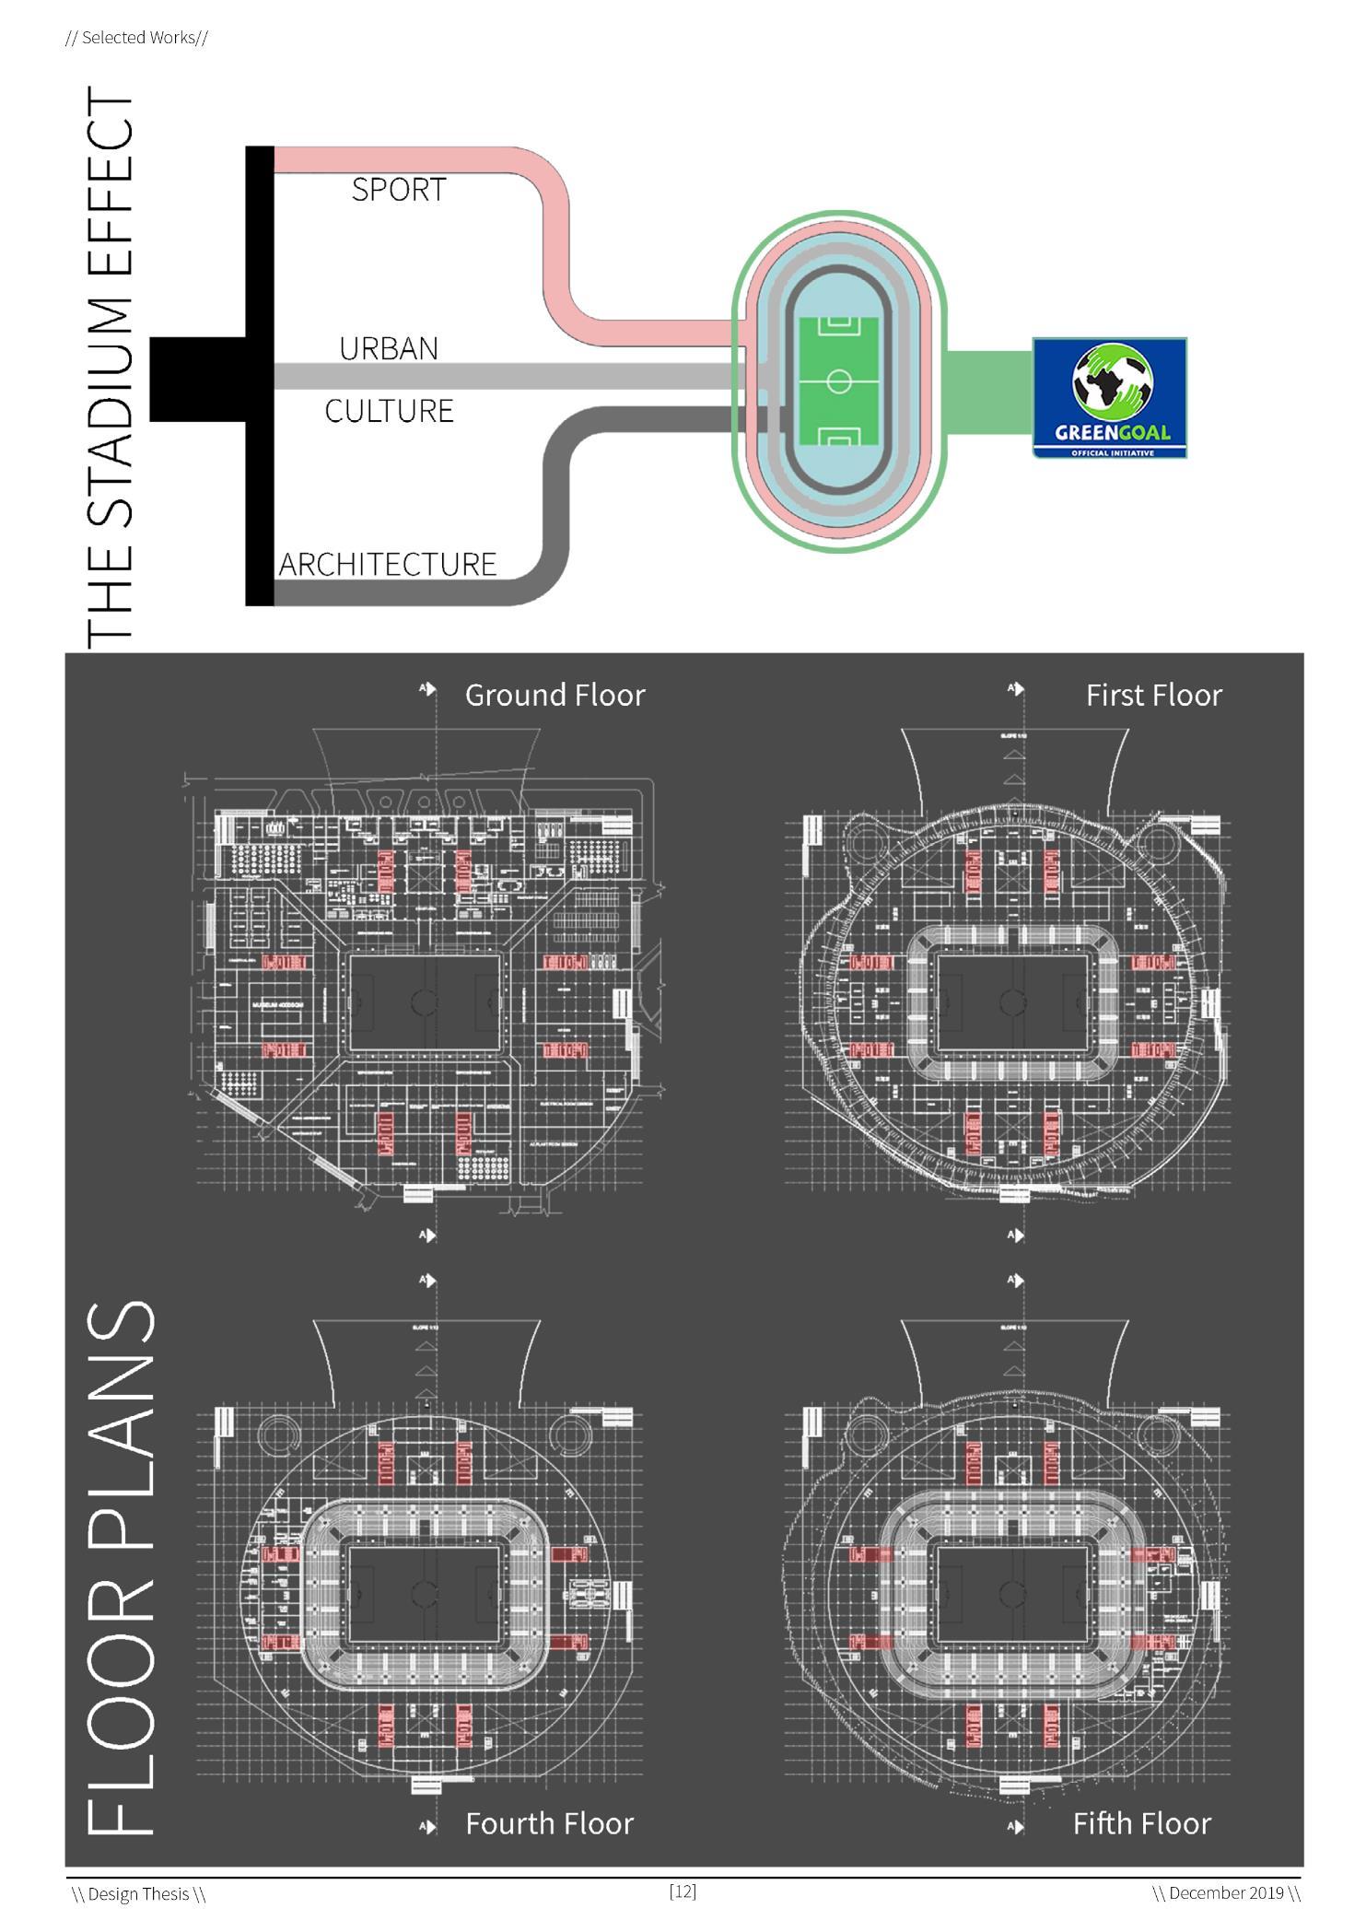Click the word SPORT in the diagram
[x=399, y=190]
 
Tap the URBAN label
[x=389, y=348]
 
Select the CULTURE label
[x=389, y=410]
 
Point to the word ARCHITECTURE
[x=388, y=564]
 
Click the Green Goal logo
[x=1109, y=398]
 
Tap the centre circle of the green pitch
[x=838, y=381]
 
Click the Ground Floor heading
[x=555, y=695]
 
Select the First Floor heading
[x=1153, y=695]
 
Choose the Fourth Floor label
[x=549, y=1823]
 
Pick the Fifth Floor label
[x=1141, y=1823]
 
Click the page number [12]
[x=683, y=1891]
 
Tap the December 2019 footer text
[x=1226, y=1893]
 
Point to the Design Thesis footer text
[x=139, y=1894]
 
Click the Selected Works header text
[x=137, y=38]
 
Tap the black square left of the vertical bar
[x=197, y=380]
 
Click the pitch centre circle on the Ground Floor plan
[x=426, y=1002]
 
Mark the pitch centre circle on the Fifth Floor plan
[x=1012, y=1595]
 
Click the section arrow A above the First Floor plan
[x=1015, y=688]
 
